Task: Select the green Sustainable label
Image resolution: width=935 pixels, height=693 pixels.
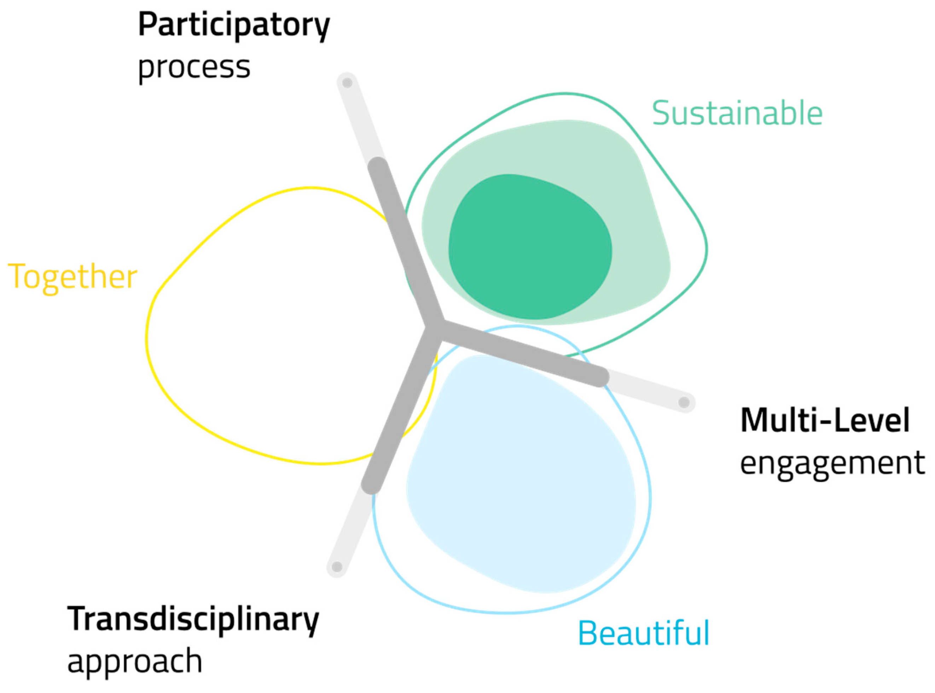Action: click(x=737, y=113)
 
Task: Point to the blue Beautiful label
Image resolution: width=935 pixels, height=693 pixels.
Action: click(x=644, y=634)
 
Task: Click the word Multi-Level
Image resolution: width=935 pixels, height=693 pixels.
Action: click(x=825, y=420)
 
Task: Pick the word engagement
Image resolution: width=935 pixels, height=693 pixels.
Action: click(x=832, y=463)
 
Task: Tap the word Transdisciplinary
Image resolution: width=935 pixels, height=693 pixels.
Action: click(x=193, y=619)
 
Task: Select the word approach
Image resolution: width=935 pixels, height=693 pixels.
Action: click(x=135, y=661)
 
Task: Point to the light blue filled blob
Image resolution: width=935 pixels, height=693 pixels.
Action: click(x=520, y=482)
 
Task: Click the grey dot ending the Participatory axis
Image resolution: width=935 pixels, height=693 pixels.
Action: click(x=347, y=83)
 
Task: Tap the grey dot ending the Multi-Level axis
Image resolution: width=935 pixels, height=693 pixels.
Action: click(x=684, y=402)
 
